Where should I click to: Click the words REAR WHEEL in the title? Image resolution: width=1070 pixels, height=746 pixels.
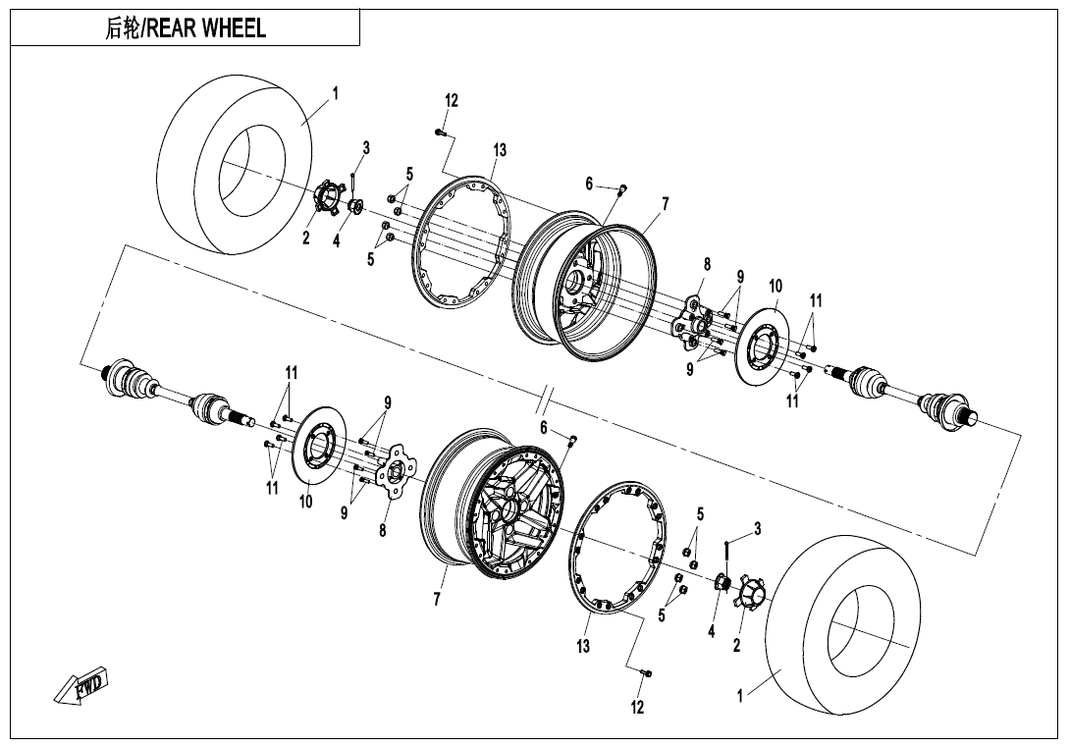click(x=206, y=28)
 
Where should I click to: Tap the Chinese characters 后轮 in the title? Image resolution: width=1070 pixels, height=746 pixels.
click(x=122, y=28)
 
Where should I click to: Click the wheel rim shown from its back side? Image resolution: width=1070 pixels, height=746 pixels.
click(x=584, y=285)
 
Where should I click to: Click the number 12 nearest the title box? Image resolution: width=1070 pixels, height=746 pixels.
click(x=452, y=100)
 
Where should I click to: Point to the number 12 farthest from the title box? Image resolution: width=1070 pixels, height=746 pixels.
click(x=637, y=707)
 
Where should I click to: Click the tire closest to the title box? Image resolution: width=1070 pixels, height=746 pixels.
click(x=238, y=165)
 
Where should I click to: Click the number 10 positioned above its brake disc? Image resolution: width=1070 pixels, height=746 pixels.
click(x=776, y=286)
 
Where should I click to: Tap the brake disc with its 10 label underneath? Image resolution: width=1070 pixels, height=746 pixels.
click(x=319, y=447)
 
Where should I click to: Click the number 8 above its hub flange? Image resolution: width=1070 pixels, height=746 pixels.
click(x=707, y=263)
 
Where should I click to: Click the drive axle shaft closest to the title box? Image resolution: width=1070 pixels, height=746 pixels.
click(x=178, y=394)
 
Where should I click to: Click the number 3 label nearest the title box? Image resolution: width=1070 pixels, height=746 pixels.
click(x=366, y=147)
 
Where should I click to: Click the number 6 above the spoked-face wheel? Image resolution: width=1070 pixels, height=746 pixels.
click(x=544, y=427)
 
